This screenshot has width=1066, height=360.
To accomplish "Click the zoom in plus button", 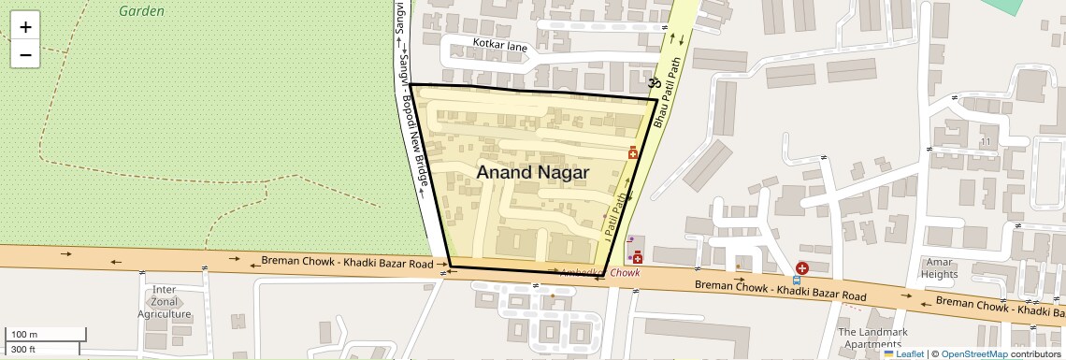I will (25, 27).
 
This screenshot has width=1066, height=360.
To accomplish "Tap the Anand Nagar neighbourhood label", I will (532, 173).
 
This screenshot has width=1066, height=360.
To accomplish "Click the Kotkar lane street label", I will (500, 44).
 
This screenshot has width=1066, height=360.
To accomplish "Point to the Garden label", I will (142, 11).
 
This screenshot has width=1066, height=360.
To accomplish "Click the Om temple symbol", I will (655, 83).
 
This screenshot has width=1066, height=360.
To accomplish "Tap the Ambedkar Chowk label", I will (599, 273).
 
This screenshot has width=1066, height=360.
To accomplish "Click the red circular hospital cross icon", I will (801, 268).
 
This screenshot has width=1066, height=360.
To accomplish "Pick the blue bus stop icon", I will (796, 280).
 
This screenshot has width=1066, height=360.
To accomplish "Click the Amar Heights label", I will (939, 268).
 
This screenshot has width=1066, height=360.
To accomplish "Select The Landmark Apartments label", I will (872, 338).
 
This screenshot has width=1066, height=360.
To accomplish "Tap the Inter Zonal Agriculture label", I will (165, 302).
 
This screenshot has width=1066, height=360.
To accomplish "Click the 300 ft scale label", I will (23, 350).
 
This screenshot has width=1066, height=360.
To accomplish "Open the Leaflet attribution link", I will (903, 354).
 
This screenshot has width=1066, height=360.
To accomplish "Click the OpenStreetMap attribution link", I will (973, 354).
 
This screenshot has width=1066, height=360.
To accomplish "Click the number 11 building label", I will (985, 141).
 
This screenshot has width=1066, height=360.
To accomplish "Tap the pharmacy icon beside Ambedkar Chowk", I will (638, 257).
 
